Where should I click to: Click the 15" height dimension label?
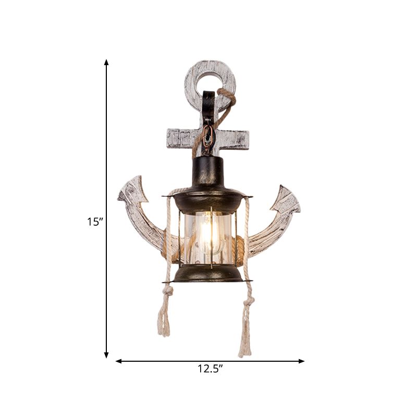(x=95, y=221)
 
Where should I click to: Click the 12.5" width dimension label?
(x=210, y=369)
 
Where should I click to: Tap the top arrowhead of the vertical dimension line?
(x=106, y=63)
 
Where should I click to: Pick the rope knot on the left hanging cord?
(x=168, y=291)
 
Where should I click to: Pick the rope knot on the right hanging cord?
(x=249, y=301)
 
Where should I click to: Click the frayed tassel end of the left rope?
(x=163, y=323)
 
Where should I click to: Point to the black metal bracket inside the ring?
(x=208, y=104)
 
